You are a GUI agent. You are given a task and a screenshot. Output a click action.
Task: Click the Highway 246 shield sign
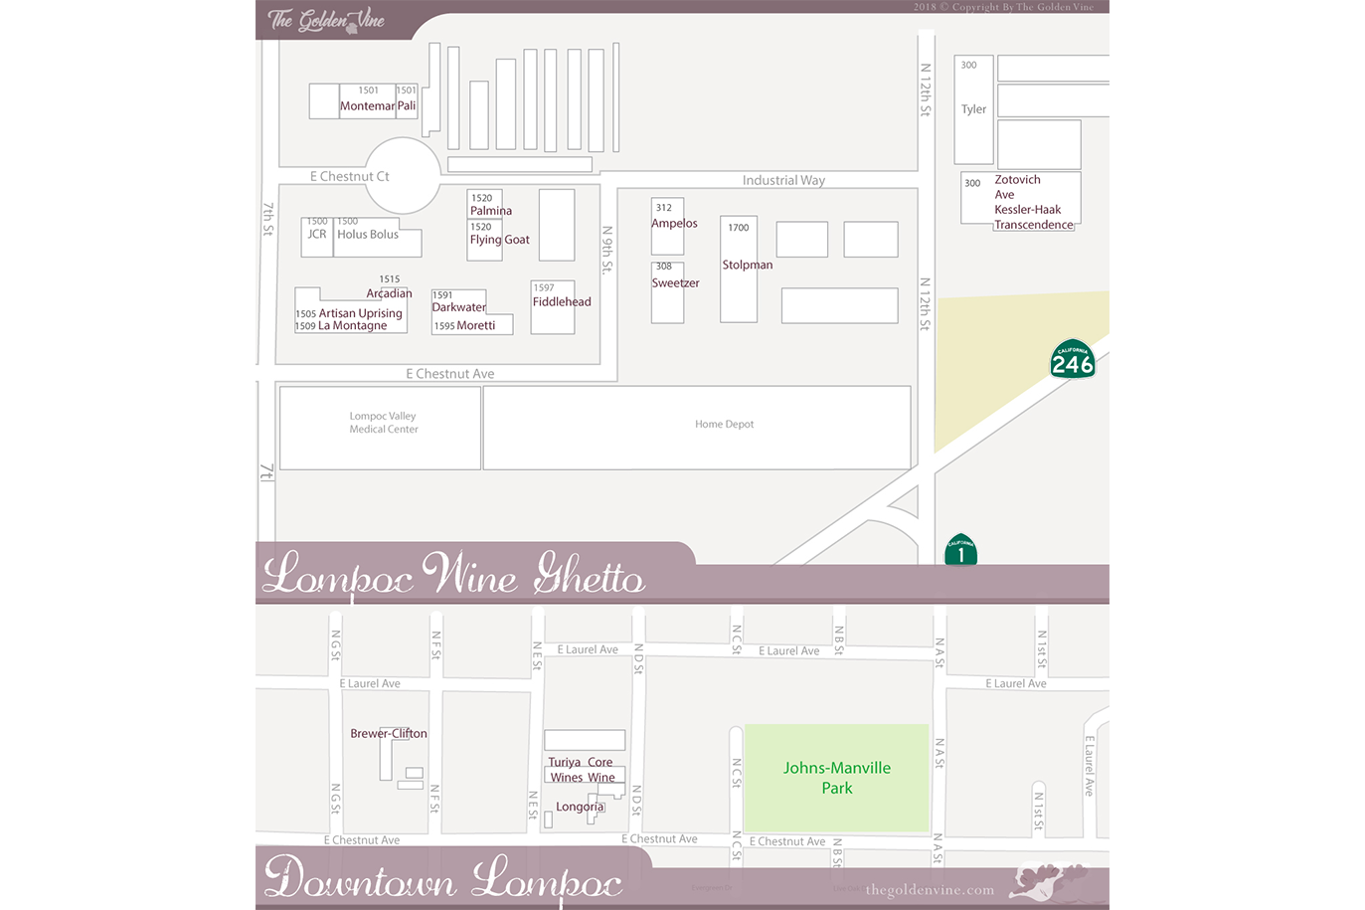(x=1072, y=360)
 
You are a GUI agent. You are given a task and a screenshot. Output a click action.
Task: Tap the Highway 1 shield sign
(x=960, y=551)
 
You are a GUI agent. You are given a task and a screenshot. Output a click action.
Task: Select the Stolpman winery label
(x=747, y=265)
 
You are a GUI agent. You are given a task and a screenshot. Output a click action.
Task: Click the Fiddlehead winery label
(x=562, y=302)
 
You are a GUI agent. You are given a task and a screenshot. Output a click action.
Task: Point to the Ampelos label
(x=674, y=224)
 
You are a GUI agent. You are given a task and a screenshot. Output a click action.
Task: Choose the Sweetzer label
(x=675, y=283)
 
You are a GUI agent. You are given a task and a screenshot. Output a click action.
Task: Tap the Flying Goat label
(x=499, y=240)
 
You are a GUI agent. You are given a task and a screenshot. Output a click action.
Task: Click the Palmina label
(x=491, y=211)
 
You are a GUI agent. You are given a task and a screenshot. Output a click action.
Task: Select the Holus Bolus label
(x=368, y=235)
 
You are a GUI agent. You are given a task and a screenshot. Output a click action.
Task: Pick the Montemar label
(x=367, y=106)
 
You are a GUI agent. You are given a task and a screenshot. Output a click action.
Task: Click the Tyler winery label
(x=973, y=109)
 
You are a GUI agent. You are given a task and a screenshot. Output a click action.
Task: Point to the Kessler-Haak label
(x=1027, y=210)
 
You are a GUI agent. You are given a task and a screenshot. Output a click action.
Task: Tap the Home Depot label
(x=724, y=425)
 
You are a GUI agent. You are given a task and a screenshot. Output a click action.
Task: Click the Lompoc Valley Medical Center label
(x=384, y=423)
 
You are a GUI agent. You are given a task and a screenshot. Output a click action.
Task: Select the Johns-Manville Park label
(x=836, y=778)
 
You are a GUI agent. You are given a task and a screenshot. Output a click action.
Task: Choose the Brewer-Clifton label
(x=389, y=734)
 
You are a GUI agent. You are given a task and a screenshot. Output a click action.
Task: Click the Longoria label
(x=580, y=807)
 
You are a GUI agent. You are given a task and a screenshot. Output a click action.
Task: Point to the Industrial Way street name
(x=783, y=180)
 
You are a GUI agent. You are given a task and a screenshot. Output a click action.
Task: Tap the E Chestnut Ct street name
(x=349, y=176)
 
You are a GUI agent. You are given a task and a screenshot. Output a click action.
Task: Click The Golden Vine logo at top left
(x=325, y=20)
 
